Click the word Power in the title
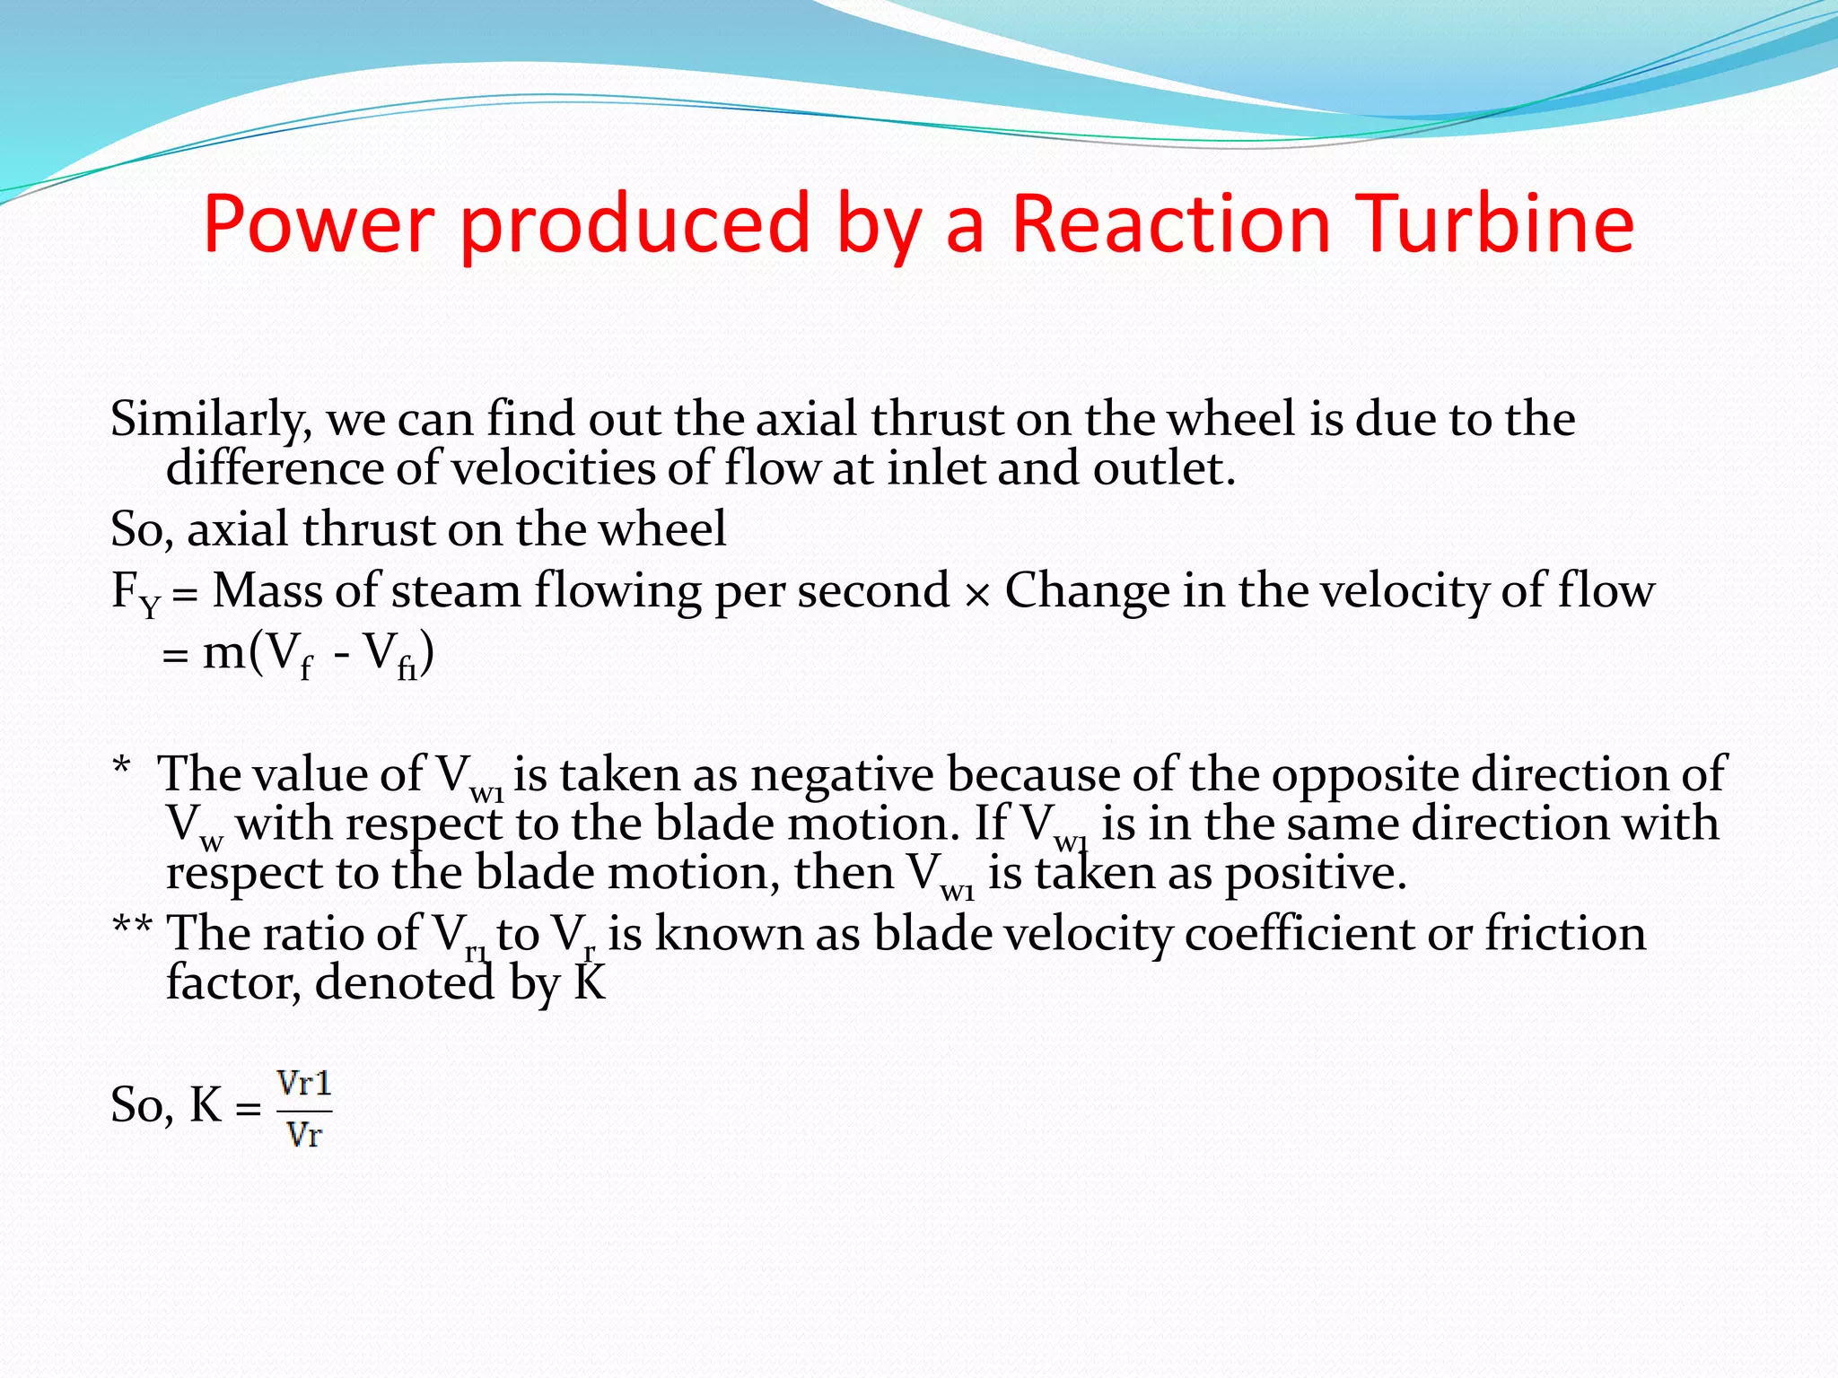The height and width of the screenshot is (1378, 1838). coord(319,223)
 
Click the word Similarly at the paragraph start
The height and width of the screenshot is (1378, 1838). coord(210,420)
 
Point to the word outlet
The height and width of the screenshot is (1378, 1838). coord(1163,468)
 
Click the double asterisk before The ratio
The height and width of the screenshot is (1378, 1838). coord(132,927)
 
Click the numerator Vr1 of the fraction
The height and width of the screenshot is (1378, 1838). coord(304,1085)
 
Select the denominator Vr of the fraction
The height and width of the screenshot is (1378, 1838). coord(303,1136)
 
